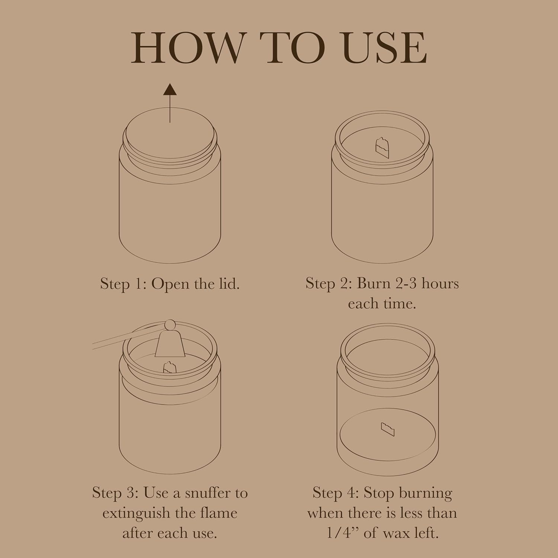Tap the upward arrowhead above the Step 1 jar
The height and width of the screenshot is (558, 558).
[170, 89]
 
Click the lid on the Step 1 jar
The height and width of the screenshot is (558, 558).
[170, 134]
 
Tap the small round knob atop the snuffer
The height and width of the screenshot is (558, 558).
[170, 325]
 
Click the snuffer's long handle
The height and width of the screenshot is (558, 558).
[128, 335]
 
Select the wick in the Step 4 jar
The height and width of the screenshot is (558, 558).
[387, 429]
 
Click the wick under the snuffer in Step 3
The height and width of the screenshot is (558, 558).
[170, 367]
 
